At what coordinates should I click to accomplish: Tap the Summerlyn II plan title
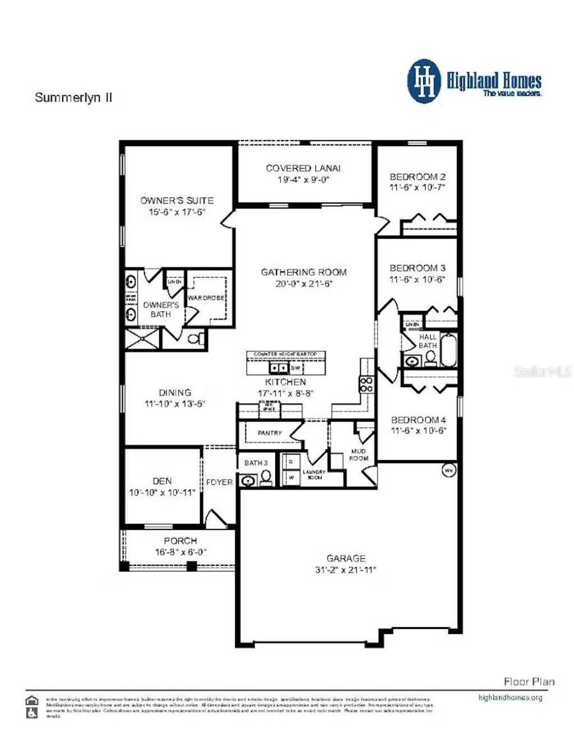73,98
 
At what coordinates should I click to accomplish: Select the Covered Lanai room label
303,168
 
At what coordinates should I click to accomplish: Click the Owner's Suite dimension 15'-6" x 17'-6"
177,212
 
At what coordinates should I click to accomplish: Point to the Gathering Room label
304,272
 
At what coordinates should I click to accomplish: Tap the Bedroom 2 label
418,177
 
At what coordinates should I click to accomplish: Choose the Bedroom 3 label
418,268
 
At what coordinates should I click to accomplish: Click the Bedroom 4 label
418,420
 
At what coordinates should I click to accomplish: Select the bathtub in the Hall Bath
449,350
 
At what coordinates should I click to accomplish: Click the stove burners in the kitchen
367,384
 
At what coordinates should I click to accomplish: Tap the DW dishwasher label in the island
295,368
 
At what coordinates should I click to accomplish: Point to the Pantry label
270,433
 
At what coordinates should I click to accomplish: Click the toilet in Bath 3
266,478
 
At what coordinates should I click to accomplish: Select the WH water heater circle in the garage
449,470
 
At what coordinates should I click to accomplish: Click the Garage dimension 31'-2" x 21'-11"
346,571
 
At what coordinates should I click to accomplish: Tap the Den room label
162,481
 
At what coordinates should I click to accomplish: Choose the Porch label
180,541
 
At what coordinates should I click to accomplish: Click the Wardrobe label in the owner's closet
206,298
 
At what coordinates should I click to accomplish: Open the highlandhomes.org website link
510,698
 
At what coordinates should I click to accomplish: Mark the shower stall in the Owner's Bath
142,339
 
